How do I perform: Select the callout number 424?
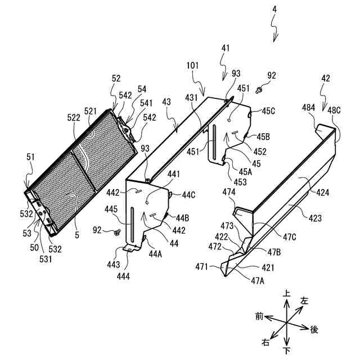pos(322,192)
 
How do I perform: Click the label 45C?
pos(268,110)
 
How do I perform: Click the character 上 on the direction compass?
pos(287,293)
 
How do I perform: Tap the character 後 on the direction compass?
pos(314,328)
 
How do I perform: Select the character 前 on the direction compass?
pos(259,317)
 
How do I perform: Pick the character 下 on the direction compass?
pos(287,351)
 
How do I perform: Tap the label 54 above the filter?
pos(142,89)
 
